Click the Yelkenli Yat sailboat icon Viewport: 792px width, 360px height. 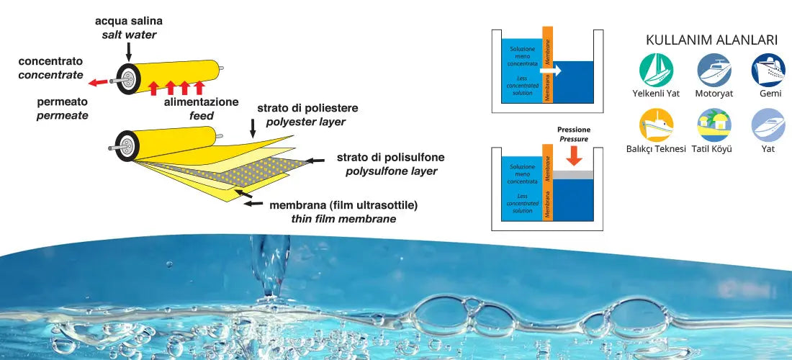coord(656,71)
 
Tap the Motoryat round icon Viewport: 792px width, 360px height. coord(714,71)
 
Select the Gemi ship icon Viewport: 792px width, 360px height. coord(768,71)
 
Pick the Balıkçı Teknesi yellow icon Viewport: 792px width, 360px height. coord(656,125)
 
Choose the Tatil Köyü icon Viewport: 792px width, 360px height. coord(714,125)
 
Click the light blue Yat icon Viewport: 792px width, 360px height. coord(768,125)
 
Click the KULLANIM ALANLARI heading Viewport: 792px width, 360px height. coord(711,40)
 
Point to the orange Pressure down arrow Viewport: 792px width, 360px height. coord(575,156)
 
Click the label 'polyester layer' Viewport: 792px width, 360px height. coord(305,122)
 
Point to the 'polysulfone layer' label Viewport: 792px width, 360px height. coord(391,171)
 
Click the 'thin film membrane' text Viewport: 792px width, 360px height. coord(343,219)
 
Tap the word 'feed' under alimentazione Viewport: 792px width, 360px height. coord(202,115)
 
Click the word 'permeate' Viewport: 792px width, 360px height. coord(54,115)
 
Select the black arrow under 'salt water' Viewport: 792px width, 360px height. coord(127,51)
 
